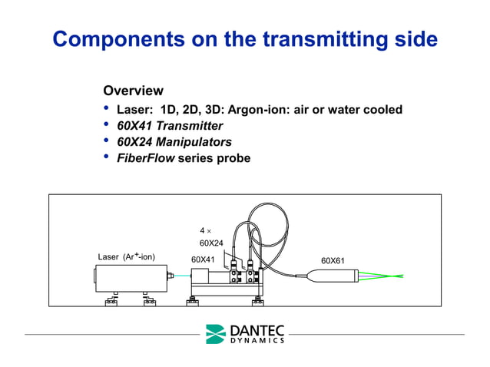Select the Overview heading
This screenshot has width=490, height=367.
(133, 91)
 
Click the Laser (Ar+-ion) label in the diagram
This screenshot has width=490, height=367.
(127, 257)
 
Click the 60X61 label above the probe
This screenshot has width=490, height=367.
(333, 260)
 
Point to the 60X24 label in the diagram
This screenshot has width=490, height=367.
(211, 243)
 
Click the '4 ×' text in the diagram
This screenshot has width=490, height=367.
(205, 230)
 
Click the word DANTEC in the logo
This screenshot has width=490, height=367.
(256, 330)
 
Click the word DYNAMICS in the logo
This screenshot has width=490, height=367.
(256, 341)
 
